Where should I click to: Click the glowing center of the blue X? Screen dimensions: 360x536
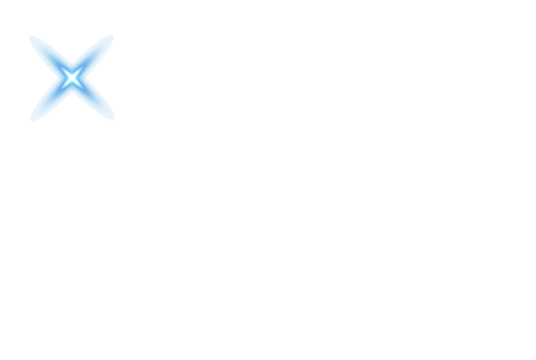71,77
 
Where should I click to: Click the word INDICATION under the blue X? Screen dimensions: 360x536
74,57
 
